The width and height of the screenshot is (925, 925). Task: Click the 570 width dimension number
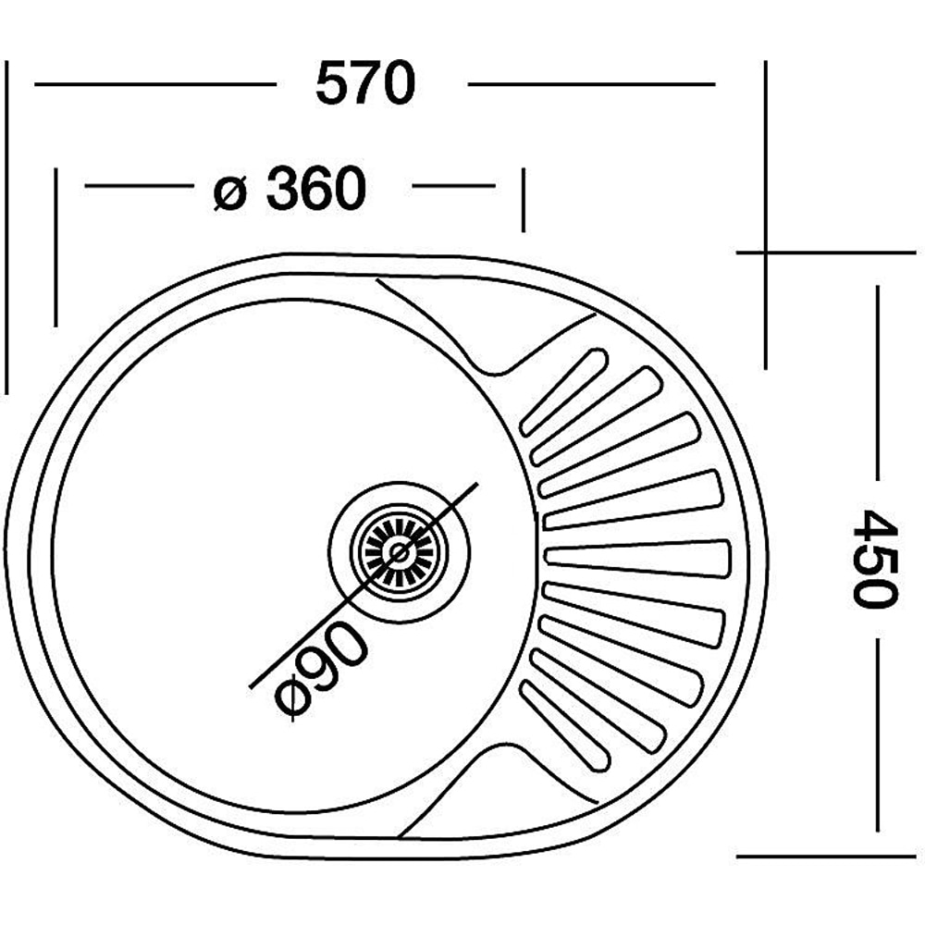tap(365, 85)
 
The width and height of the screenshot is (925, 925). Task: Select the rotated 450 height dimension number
tap(873, 557)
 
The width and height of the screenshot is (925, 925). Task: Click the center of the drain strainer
tap(400, 552)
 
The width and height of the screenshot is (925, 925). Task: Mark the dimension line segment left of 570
tap(154, 84)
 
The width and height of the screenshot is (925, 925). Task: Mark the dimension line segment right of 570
tap(591, 84)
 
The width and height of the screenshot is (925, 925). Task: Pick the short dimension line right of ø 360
tap(452, 186)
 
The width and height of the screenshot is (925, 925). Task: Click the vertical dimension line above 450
tap(876, 388)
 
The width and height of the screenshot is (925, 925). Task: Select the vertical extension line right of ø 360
tap(523, 200)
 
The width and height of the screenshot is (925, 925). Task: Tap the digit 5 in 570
tap(332, 85)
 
